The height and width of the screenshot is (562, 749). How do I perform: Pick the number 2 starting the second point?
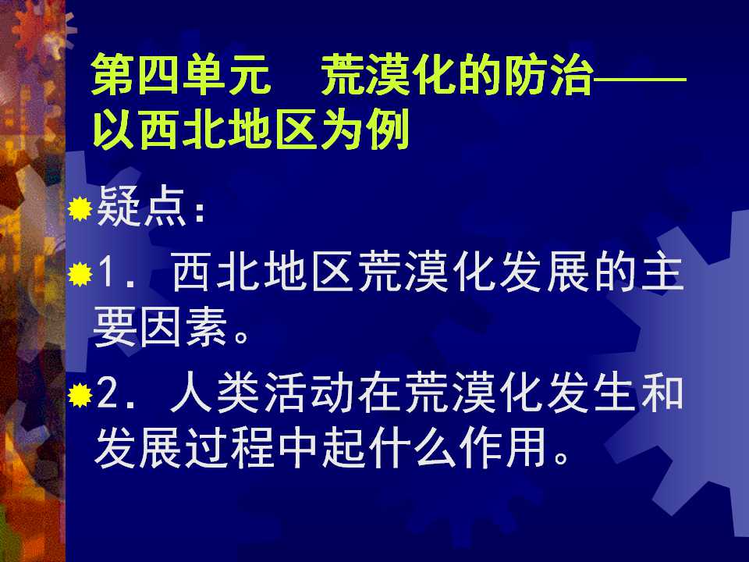(108, 397)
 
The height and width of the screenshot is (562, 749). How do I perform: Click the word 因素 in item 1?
(188, 332)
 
